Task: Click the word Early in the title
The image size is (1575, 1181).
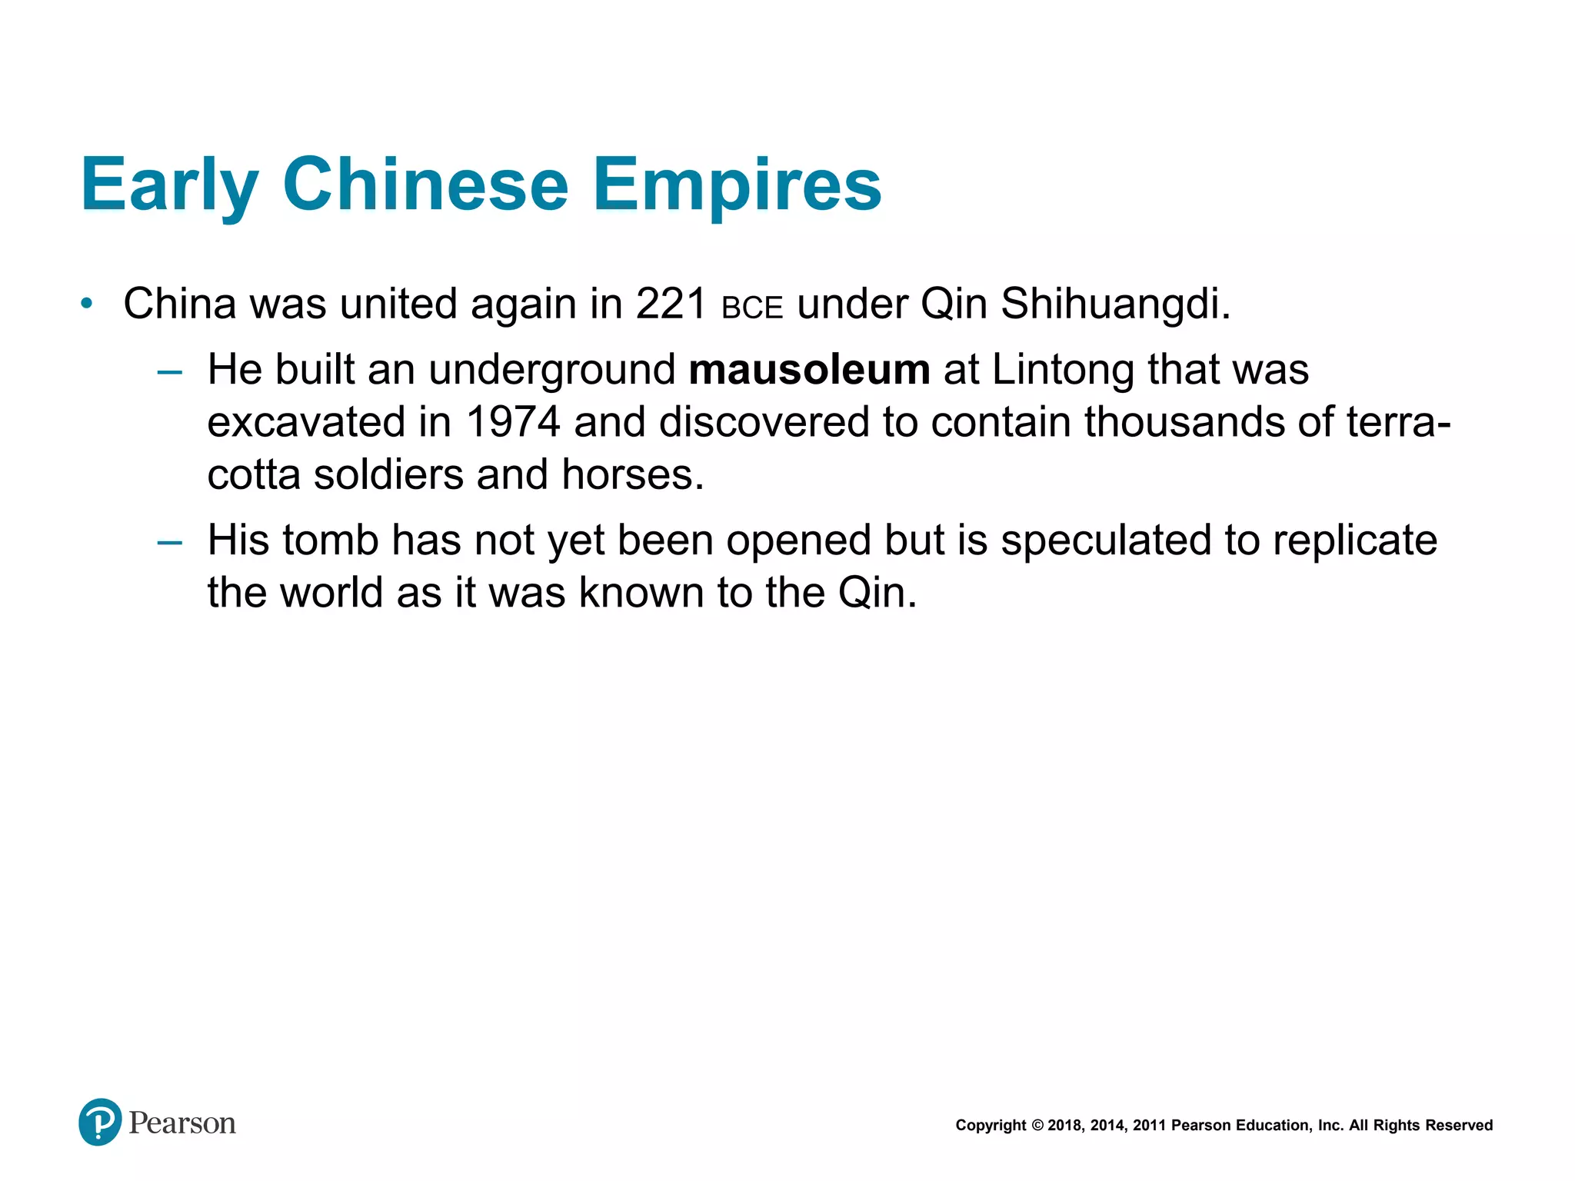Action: click(169, 185)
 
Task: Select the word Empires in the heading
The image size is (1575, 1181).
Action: click(737, 185)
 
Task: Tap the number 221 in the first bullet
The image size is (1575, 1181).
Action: click(671, 304)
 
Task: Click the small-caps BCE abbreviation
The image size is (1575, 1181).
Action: click(752, 308)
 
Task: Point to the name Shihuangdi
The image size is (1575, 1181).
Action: click(1115, 304)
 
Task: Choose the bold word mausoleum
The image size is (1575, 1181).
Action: click(809, 370)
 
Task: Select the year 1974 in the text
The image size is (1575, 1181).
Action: click(513, 422)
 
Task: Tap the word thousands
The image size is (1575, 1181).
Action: click(1185, 422)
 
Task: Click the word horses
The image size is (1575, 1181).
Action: click(631, 474)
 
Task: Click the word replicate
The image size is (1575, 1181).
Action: click(1354, 541)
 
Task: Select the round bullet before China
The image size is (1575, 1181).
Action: click(87, 304)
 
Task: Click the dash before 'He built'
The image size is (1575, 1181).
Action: click(169, 373)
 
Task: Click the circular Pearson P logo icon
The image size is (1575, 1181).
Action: click(100, 1122)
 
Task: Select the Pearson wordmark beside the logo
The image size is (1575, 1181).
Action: click(182, 1123)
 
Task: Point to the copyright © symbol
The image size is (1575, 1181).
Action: click(1037, 1126)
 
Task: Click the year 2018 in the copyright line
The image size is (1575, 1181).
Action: click(1064, 1126)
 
